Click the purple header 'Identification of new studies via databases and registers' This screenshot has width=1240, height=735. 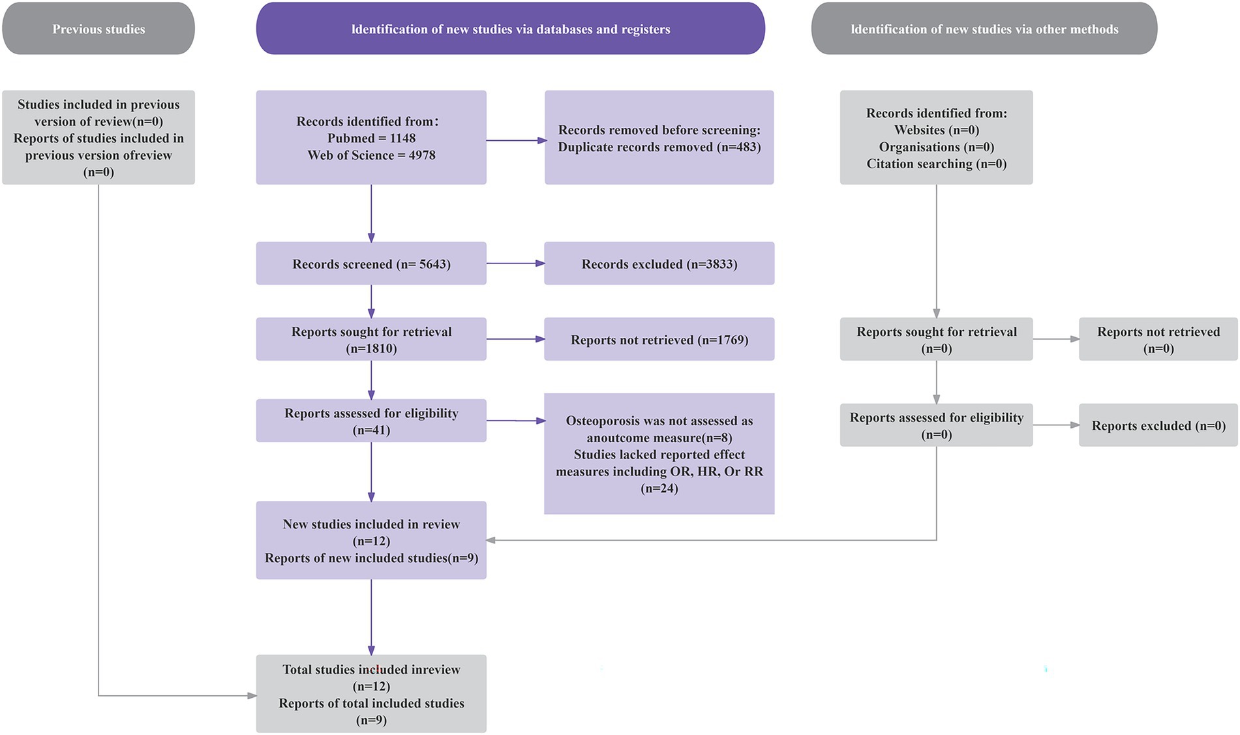[510, 29]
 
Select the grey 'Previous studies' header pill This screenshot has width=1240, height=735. [98, 29]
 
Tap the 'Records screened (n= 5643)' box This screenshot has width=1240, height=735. [371, 263]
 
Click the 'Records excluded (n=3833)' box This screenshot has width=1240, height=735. [659, 263]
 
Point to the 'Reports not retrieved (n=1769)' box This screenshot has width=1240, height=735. [659, 339]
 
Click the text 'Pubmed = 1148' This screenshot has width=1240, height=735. [371, 138]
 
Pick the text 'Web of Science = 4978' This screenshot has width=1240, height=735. [371, 155]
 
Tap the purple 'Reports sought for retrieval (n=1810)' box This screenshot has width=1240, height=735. [371, 339]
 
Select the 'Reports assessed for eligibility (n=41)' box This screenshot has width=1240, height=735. [371, 421]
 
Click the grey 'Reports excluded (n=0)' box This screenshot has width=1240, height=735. [1158, 425]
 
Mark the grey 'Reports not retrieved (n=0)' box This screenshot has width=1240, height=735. [1158, 339]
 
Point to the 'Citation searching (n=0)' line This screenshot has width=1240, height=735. [936, 164]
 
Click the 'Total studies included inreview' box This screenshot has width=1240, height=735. [371, 693]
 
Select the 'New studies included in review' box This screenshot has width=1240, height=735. [371, 540]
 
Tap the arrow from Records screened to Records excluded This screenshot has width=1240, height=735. [515, 263]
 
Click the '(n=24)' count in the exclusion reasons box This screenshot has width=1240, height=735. [659, 488]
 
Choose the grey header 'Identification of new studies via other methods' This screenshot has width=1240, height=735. [984, 29]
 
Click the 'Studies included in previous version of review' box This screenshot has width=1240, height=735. [98, 138]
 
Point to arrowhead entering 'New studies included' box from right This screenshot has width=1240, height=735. [491, 540]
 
